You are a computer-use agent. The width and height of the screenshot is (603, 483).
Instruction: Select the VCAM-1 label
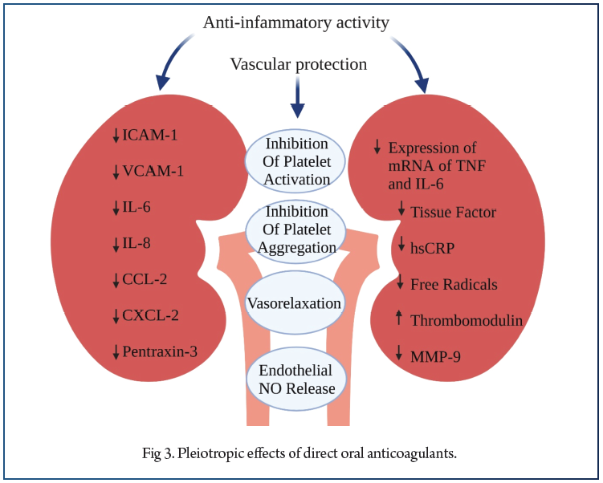(153, 170)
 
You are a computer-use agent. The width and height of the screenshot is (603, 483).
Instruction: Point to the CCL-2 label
(145, 278)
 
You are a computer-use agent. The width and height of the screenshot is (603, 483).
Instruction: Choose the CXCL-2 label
(152, 314)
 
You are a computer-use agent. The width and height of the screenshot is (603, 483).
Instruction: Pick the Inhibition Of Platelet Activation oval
(296, 158)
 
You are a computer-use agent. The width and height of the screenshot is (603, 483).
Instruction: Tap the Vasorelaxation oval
(295, 304)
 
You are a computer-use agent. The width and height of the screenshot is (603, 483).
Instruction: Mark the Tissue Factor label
(453, 213)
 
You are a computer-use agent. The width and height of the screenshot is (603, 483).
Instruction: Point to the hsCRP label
(433, 248)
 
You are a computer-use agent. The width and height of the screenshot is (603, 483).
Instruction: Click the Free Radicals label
(454, 284)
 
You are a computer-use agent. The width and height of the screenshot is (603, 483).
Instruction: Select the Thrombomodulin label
(466, 320)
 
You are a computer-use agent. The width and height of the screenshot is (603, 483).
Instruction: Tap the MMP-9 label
(434, 354)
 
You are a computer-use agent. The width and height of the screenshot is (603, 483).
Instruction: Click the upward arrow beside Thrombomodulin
(400, 319)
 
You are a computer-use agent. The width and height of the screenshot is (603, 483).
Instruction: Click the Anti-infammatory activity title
(296, 22)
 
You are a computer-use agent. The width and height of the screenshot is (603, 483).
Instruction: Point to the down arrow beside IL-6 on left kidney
(116, 207)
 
